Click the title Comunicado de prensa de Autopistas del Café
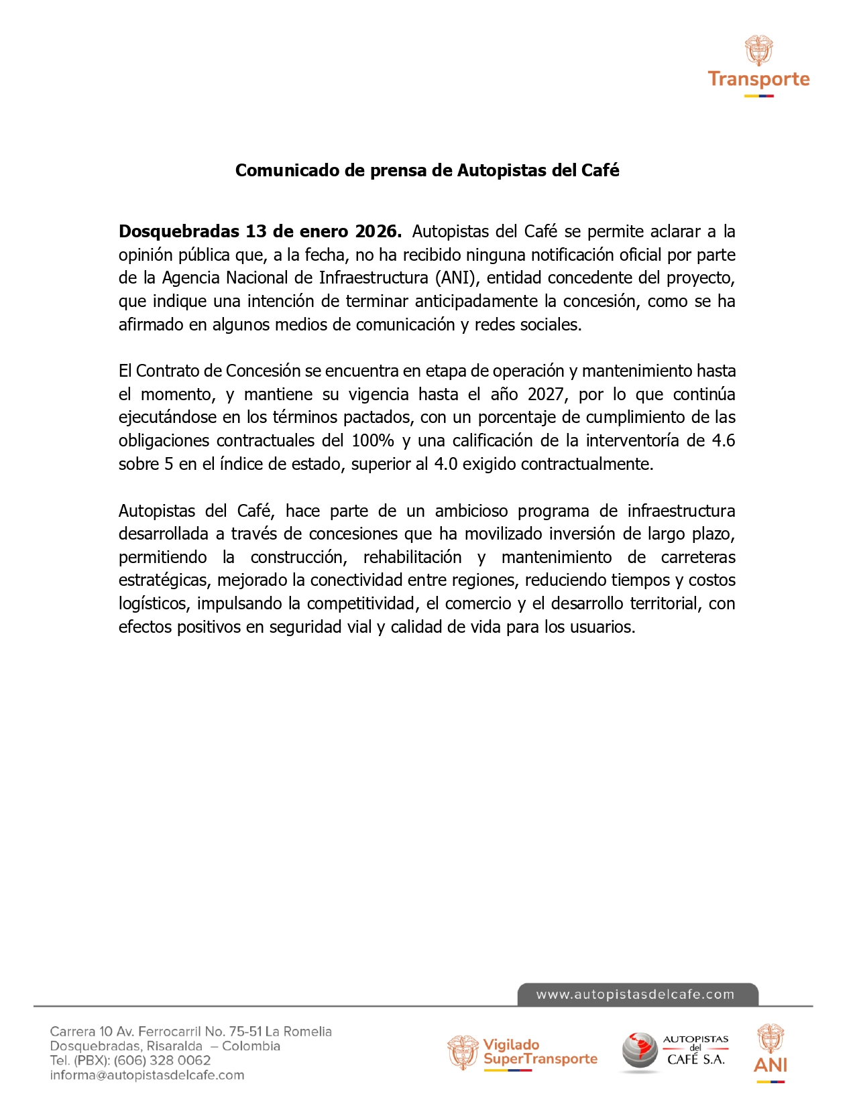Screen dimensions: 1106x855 click(427, 170)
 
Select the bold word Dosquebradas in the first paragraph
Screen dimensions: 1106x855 click(179, 231)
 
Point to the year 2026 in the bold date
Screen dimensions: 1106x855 click(377, 231)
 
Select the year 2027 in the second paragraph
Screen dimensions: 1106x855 click(545, 393)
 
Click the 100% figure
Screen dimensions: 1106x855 click(373, 440)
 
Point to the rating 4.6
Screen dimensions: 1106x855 click(723, 440)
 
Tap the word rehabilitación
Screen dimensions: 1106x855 click(412, 557)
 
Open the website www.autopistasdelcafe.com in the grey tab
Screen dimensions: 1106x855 click(635, 995)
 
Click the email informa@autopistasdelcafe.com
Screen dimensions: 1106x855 click(147, 1075)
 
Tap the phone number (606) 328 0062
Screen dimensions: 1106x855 click(162, 1060)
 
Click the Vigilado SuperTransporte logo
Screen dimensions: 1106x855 click(522, 1052)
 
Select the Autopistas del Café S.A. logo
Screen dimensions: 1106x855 click(675, 1051)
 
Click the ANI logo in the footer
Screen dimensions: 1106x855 click(771, 1052)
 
